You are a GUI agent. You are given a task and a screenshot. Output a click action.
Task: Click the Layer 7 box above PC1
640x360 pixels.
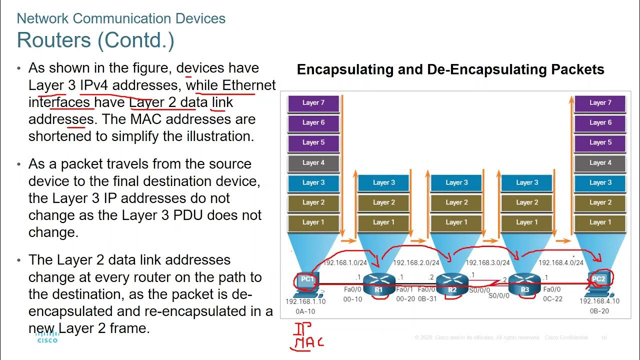(x=313, y=103)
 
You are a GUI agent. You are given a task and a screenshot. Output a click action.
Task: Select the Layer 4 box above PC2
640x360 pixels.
(x=600, y=163)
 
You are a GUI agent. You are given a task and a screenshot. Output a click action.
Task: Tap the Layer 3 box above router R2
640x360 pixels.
(x=456, y=183)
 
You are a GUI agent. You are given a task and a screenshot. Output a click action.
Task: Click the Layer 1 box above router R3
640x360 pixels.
(x=527, y=222)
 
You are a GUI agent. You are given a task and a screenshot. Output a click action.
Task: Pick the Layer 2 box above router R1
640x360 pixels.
(x=383, y=202)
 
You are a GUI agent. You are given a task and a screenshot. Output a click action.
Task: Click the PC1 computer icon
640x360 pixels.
(x=306, y=281)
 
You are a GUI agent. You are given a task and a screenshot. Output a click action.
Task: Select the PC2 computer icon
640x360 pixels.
(x=598, y=281)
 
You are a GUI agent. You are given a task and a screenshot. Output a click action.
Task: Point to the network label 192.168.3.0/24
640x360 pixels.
(x=487, y=262)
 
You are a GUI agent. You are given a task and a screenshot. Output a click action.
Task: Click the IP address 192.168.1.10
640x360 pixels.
(x=305, y=301)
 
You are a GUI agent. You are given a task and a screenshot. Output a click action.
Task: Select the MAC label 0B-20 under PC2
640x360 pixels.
(x=599, y=311)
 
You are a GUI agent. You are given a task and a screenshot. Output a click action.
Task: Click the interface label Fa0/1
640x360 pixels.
(x=405, y=289)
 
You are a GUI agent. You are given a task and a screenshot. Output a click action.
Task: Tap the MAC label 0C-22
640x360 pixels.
(x=553, y=298)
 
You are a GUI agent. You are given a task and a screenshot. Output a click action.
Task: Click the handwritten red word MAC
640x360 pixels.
(x=308, y=343)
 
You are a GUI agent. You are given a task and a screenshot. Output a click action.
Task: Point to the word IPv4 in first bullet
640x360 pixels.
(x=93, y=85)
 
